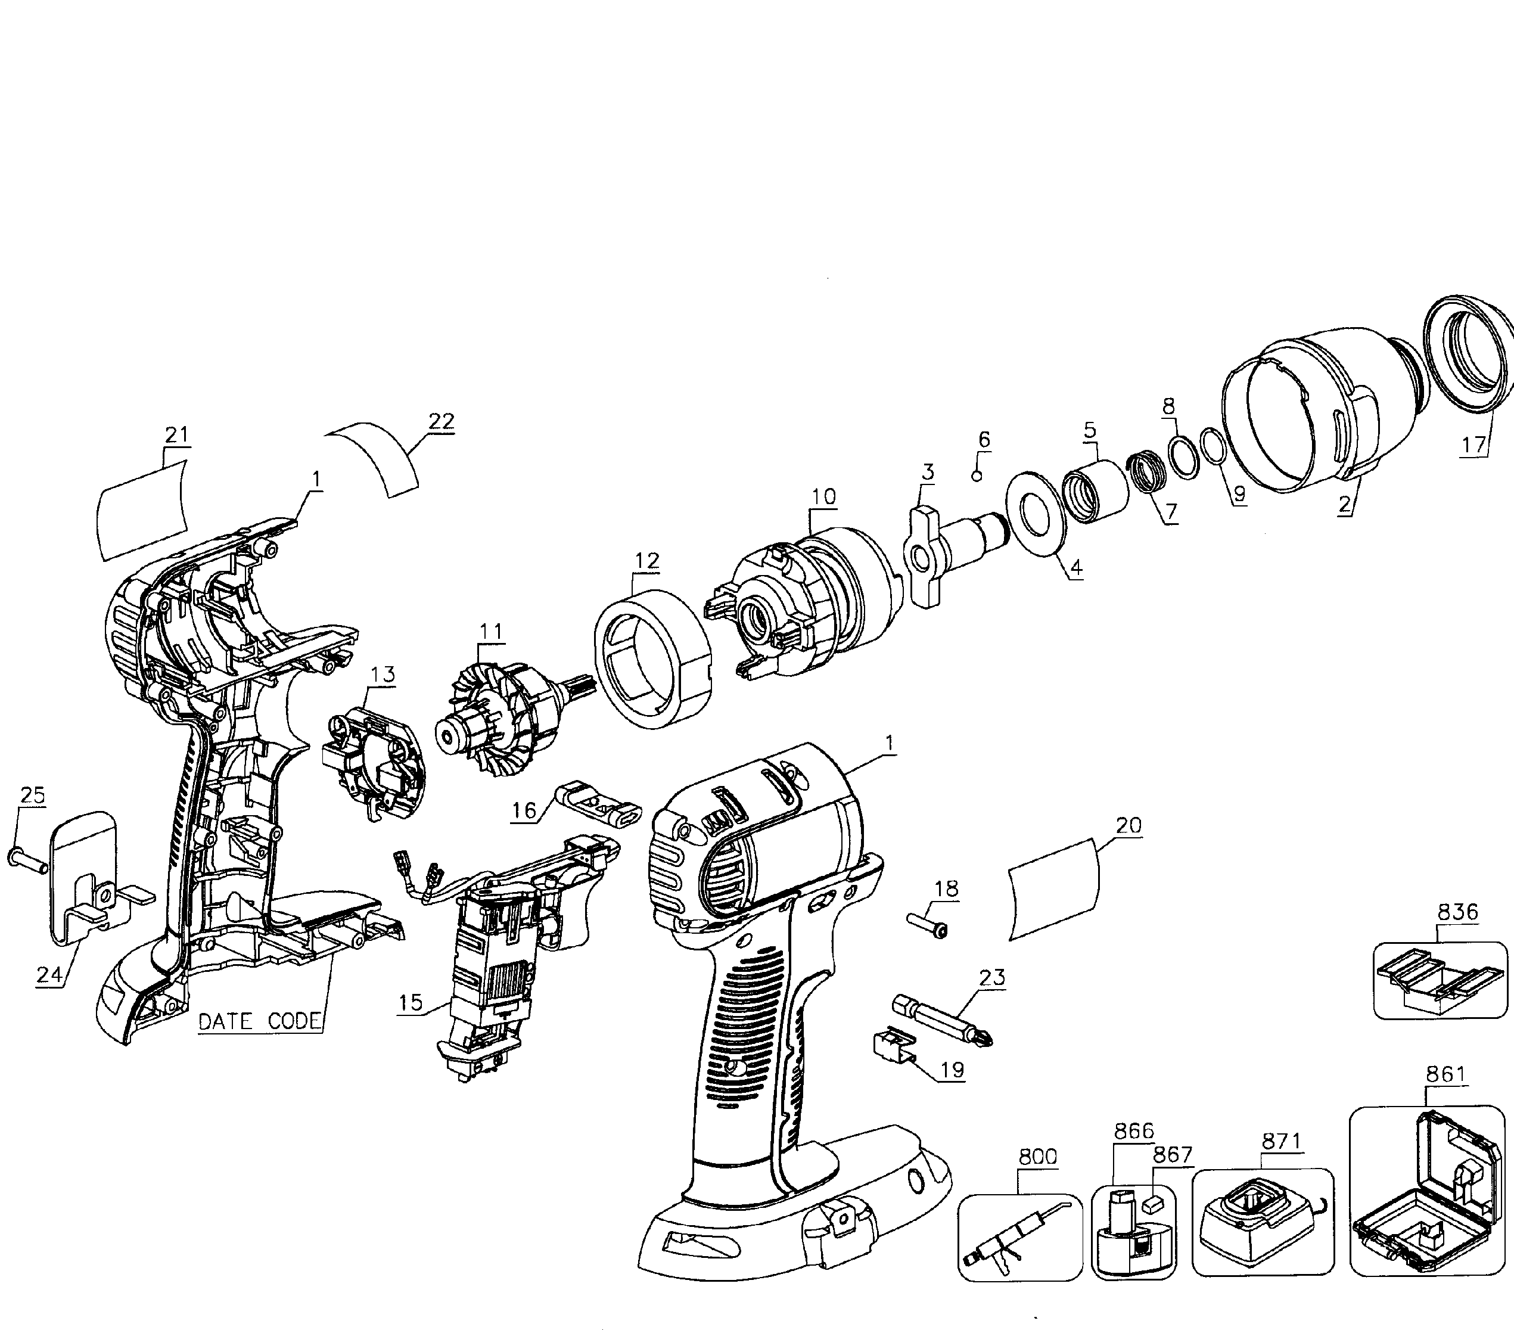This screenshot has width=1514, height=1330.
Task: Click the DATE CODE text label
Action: coord(260,1021)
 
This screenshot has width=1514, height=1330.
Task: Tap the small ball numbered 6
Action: coord(976,476)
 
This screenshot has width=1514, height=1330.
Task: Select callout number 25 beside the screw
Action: coord(33,795)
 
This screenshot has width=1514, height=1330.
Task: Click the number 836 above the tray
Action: coord(1457,912)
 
